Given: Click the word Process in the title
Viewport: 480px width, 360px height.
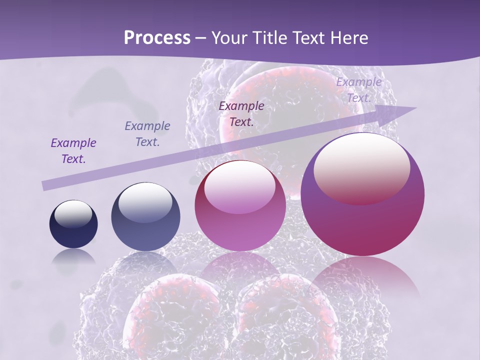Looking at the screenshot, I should tap(157, 37).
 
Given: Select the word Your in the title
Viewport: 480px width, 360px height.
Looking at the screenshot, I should tap(228, 37).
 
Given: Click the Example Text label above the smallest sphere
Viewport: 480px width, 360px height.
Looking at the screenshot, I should tap(73, 151).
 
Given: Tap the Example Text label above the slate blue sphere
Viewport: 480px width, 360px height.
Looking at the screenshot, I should tap(147, 134).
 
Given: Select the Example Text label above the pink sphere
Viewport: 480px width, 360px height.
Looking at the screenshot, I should tap(241, 113).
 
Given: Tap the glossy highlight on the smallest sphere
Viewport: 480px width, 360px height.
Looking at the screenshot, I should tap(73, 214).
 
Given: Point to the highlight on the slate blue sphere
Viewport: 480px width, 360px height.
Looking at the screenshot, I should tap(145, 201).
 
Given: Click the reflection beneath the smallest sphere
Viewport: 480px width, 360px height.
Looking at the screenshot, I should tap(73, 257).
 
